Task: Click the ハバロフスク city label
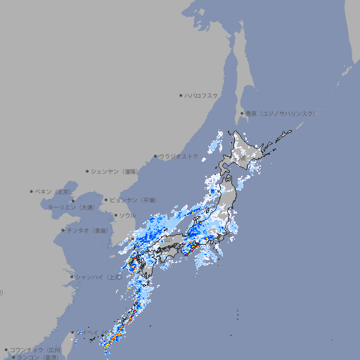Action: point(202,95)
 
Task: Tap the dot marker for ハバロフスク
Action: point(181,95)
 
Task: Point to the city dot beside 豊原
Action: point(242,113)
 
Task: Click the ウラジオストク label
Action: point(179,156)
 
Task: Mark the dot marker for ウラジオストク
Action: point(155,156)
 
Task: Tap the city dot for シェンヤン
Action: point(87,171)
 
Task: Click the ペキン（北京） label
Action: point(54,191)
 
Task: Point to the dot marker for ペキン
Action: point(32,191)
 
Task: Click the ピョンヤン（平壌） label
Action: point(134,200)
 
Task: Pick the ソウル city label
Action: point(127,215)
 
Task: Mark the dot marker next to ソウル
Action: point(115,215)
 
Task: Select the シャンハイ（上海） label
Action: point(98,276)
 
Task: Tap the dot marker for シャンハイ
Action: point(72,276)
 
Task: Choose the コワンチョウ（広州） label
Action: point(36,349)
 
